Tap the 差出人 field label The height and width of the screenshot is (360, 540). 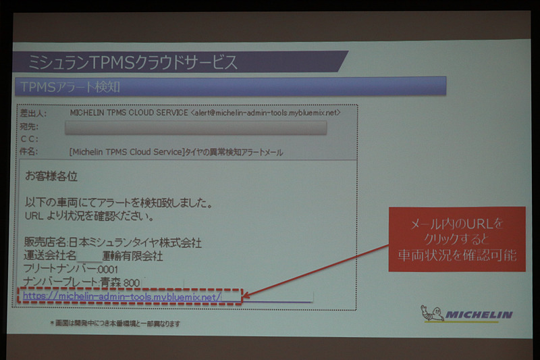[x=32, y=113]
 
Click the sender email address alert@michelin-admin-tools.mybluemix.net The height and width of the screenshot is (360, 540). [x=265, y=113]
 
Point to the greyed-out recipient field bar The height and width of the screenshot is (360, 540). [x=196, y=127]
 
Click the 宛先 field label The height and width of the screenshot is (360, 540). [x=30, y=126]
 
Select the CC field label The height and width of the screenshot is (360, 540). [x=29, y=139]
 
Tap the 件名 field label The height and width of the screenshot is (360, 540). [x=30, y=152]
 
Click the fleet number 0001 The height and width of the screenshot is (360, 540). [x=108, y=269]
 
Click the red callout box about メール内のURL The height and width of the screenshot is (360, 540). [x=456, y=239]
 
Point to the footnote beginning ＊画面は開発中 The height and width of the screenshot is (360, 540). [x=115, y=324]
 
